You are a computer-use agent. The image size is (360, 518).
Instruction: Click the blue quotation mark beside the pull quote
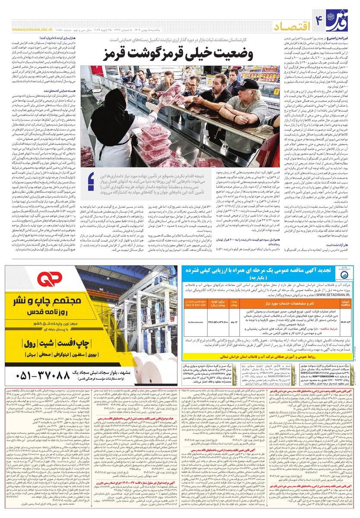(91, 181)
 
